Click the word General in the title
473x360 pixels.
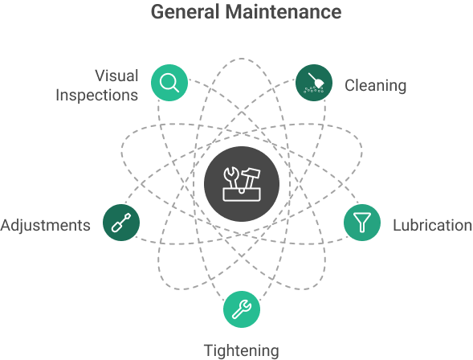185,12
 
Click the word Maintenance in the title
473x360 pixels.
283,12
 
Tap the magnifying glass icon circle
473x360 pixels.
169,83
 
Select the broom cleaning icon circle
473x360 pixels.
314,83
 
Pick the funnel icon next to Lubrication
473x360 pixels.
362,223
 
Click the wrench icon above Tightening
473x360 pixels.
242,309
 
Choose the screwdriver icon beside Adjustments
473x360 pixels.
121,223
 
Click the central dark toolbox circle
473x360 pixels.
242,184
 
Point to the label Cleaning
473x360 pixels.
375,85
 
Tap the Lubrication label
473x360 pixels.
432,225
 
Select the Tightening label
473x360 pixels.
242,351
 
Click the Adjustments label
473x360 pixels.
45,226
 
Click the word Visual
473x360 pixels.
116,76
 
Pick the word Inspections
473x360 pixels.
97,96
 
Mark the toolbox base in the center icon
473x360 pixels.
242,194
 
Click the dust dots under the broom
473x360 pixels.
313,89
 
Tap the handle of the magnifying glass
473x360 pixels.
176,88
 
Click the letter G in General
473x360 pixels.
157,12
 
